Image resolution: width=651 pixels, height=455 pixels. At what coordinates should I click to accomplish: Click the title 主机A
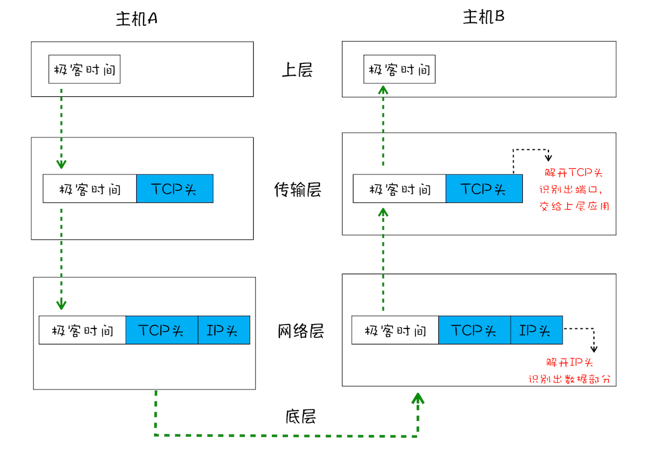pyautogui.click(x=136, y=19)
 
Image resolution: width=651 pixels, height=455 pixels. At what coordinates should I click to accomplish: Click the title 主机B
pyautogui.click(x=483, y=18)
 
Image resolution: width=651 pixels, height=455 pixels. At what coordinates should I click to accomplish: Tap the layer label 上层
pyautogui.click(x=297, y=70)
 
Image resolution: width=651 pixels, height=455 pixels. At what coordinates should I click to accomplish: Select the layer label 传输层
pyautogui.click(x=297, y=190)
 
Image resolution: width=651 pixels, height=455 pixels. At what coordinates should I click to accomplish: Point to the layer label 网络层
pyautogui.click(x=301, y=331)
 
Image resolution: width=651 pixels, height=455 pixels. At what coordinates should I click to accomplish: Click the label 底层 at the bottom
pyautogui.click(x=300, y=416)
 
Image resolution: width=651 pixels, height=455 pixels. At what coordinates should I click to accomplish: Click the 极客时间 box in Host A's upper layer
pyautogui.click(x=84, y=70)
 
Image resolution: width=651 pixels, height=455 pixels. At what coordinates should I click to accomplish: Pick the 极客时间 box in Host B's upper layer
pyautogui.click(x=399, y=70)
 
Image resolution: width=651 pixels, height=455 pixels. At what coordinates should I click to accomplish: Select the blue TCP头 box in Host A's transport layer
pyautogui.click(x=174, y=189)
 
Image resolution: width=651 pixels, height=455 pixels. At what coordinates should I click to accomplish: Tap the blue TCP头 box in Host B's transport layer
pyautogui.click(x=483, y=189)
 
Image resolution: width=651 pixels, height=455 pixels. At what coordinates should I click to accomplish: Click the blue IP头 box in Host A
pyautogui.click(x=224, y=330)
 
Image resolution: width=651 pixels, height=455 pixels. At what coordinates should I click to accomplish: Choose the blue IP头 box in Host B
pyautogui.click(x=536, y=330)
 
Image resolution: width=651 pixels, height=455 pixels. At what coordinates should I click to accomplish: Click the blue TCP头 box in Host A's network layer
pyautogui.click(x=162, y=330)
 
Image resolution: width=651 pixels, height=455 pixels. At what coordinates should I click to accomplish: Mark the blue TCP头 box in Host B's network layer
pyautogui.click(x=474, y=330)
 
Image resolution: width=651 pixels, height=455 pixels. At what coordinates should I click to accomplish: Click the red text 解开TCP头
pyautogui.click(x=573, y=173)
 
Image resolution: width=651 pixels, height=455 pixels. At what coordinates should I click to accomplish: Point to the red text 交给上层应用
pyautogui.click(x=573, y=206)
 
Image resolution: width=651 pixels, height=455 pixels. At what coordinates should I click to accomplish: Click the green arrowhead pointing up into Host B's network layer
pyautogui.click(x=418, y=397)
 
